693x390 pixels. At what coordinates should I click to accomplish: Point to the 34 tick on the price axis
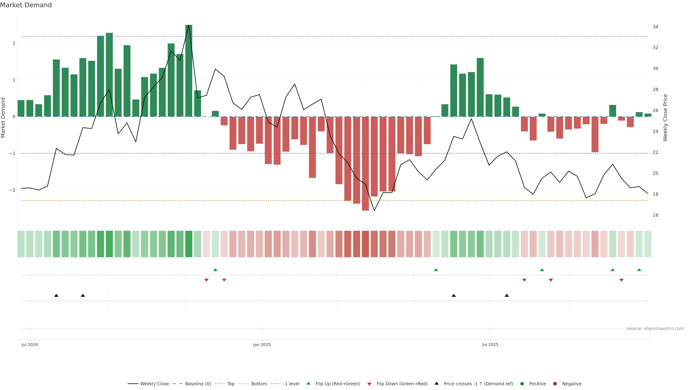pos(655,27)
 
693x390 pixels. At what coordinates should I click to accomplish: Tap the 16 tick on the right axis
pos(655,215)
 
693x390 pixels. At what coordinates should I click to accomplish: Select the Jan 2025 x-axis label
pos(261,344)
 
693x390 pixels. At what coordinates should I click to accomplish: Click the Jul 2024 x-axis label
pos(30,344)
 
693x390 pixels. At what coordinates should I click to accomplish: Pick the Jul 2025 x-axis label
pos(490,344)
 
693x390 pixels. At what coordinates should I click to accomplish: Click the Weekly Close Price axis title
pos(665,118)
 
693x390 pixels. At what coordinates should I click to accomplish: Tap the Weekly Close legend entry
pos(154,384)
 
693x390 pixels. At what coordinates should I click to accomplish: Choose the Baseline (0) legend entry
pos(198,384)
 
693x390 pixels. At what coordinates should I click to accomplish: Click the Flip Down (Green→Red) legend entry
pos(402,384)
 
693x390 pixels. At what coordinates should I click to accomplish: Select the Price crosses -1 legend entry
pos(478,384)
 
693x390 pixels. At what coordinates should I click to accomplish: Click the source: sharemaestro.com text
pos(655,329)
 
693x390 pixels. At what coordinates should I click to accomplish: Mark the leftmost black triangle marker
pos(56,296)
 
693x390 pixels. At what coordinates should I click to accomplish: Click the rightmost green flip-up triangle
pos(639,270)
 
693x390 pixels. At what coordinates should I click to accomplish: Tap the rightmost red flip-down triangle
pos(621,280)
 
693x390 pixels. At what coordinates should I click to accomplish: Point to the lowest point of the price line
pos(374,211)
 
